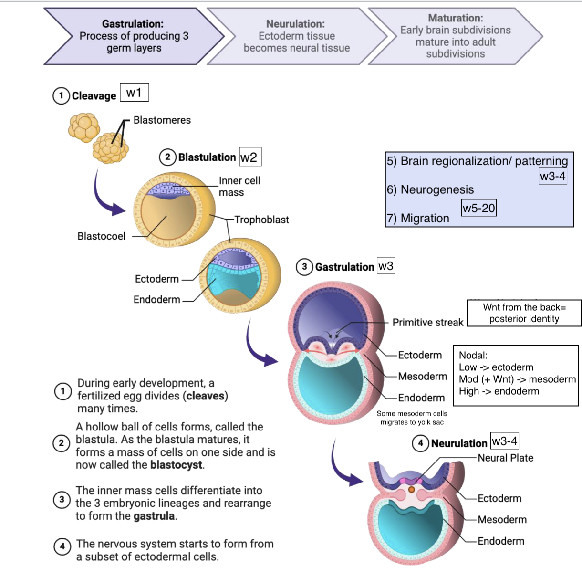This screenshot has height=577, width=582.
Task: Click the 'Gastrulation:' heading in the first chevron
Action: [x=133, y=24]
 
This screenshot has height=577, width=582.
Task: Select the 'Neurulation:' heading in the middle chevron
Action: [x=295, y=24]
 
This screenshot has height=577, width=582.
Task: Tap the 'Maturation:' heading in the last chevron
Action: [x=455, y=18]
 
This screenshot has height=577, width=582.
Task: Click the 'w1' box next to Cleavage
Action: [x=134, y=93]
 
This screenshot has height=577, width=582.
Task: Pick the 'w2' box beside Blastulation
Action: [x=249, y=157]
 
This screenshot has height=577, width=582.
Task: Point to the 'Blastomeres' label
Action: [x=162, y=120]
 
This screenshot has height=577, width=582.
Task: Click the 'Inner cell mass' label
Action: [x=239, y=187]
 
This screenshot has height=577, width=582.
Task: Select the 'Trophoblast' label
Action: [x=261, y=220]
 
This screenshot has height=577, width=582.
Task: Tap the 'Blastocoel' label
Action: [x=101, y=236]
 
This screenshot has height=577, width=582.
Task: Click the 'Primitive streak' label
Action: [x=427, y=323]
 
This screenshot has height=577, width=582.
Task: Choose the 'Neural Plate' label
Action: [x=505, y=458]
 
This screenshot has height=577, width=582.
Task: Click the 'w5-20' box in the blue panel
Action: [x=478, y=208]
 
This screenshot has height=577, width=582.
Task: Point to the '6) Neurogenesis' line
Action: [x=430, y=190]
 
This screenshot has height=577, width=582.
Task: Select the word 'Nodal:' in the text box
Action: [x=473, y=356]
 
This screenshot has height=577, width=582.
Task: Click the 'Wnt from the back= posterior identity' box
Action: [x=524, y=313]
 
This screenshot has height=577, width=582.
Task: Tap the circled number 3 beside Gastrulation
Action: [x=304, y=267]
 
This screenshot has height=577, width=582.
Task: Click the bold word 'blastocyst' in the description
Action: [x=176, y=465]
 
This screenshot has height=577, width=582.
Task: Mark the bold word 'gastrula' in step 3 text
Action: [x=154, y=516]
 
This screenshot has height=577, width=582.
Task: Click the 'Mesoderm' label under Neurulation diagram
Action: [x=502, y=520]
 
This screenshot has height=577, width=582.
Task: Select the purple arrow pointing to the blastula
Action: [x=107, y=196]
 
